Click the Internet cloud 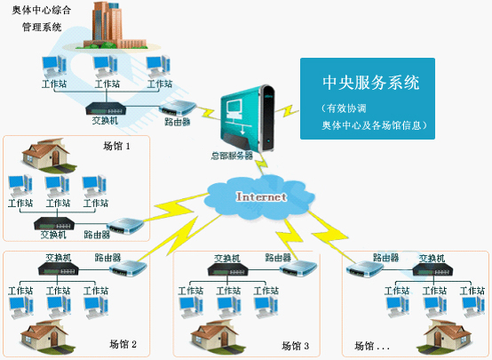coord(260,196)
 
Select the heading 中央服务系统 coord(370,83)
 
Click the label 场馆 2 coord(123,344)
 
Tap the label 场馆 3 coord(295,345)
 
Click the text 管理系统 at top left coord(42,28)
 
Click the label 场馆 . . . coord(371,345)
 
